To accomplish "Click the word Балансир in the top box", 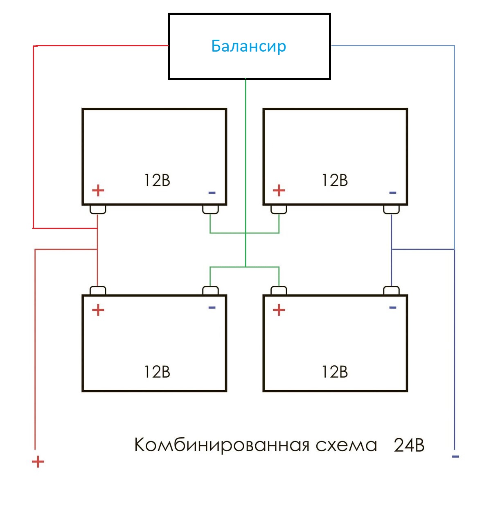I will pos(248,46).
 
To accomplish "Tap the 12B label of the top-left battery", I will pos(157,180).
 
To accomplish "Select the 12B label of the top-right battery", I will pos(335,180).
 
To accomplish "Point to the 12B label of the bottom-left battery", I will pos(157,372).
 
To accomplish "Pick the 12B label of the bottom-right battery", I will pos(335,372).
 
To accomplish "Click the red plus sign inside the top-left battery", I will pos(98,190).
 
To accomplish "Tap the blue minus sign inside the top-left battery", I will pos(212,192).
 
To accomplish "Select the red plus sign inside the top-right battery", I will pos(279,190).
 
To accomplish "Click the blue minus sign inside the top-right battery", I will pos(393,192).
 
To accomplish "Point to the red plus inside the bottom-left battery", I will pos(98,310).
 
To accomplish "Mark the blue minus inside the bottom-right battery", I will pos(393,308).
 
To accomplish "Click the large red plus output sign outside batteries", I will pos(38,462).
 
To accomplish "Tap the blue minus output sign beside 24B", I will pos(455,456).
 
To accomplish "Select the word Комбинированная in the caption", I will pos(221,445).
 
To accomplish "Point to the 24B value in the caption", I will pos(409,445).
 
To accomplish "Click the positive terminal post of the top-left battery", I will pos(98,209).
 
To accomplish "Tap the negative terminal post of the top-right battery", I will pos(391,209).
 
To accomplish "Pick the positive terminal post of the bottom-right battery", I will pos(279,291).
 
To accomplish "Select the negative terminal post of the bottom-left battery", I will pos(210,291).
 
